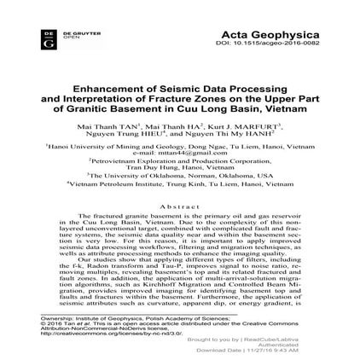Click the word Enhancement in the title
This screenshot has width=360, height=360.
click(102, 88)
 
